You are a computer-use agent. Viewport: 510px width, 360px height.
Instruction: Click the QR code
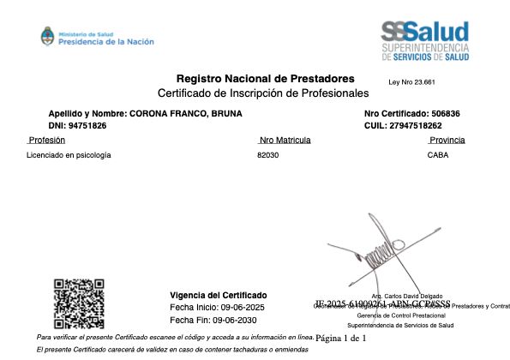(80, 304)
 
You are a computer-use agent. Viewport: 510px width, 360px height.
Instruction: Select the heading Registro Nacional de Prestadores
(265, 78)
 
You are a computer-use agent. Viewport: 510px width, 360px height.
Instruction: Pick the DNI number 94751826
(88, 125)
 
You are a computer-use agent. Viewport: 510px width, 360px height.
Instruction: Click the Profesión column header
(48, 140)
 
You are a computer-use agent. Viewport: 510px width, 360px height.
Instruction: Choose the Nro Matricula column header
(284, 140)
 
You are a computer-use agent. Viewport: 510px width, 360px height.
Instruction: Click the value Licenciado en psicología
(69, 155)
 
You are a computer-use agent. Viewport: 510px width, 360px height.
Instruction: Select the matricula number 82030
(267, 155)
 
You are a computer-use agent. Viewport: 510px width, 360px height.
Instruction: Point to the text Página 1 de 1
(341, 339)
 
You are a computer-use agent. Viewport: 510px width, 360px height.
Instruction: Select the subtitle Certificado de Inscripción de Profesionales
(263, 93)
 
